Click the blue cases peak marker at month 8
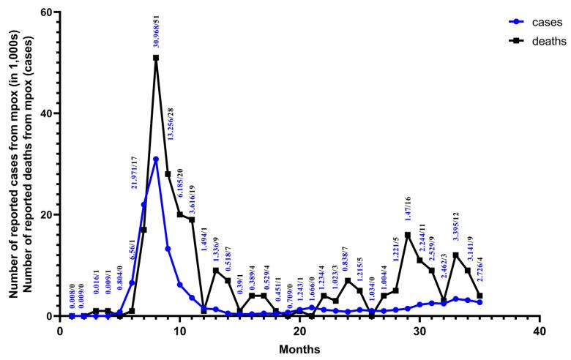click(156, 159)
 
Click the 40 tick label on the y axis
click(47, 113)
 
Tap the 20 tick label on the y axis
click(47, 215)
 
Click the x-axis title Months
click(299, 349)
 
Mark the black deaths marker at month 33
click(455, 255)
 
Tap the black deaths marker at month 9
click(168, 174)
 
